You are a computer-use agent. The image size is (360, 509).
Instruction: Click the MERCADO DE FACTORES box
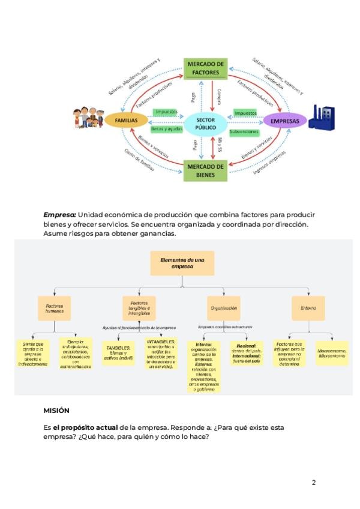pyautogui.click(x=206, y=68)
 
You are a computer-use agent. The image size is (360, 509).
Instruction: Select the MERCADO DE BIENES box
pyautogui.click(x=206, y=170)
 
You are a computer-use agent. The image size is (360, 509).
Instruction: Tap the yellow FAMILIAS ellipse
pyautogui.click(x=126, y=121)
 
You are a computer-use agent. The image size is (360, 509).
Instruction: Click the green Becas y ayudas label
pyautogui.click(x=166, y=129)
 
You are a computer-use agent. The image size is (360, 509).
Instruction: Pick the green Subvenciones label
pyautogui.click(x=244, y=131)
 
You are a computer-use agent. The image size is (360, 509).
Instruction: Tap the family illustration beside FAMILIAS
pyautogui.click(x=88, y=118)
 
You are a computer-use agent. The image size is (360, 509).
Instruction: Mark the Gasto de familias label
pyautogui.click(x=139, y=160)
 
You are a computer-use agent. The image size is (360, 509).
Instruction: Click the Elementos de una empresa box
pyautogui.click(x=175, y=262)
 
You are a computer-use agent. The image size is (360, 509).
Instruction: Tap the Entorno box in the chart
pyautogui.click(x=308, y=308)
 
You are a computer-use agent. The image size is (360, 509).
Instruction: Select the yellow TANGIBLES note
pyautogui.click(x=119, y=354)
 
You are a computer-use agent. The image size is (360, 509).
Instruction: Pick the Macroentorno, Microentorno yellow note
pyautogui.click(x=332, y=353)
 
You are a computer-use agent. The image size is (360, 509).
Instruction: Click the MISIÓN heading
pyautogui.click(x=56, y=411)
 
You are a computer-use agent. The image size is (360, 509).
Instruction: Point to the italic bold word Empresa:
pyautogui.click(x=59, y=215)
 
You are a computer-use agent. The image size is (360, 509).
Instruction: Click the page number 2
pyautogui.click(x=313, y=483)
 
